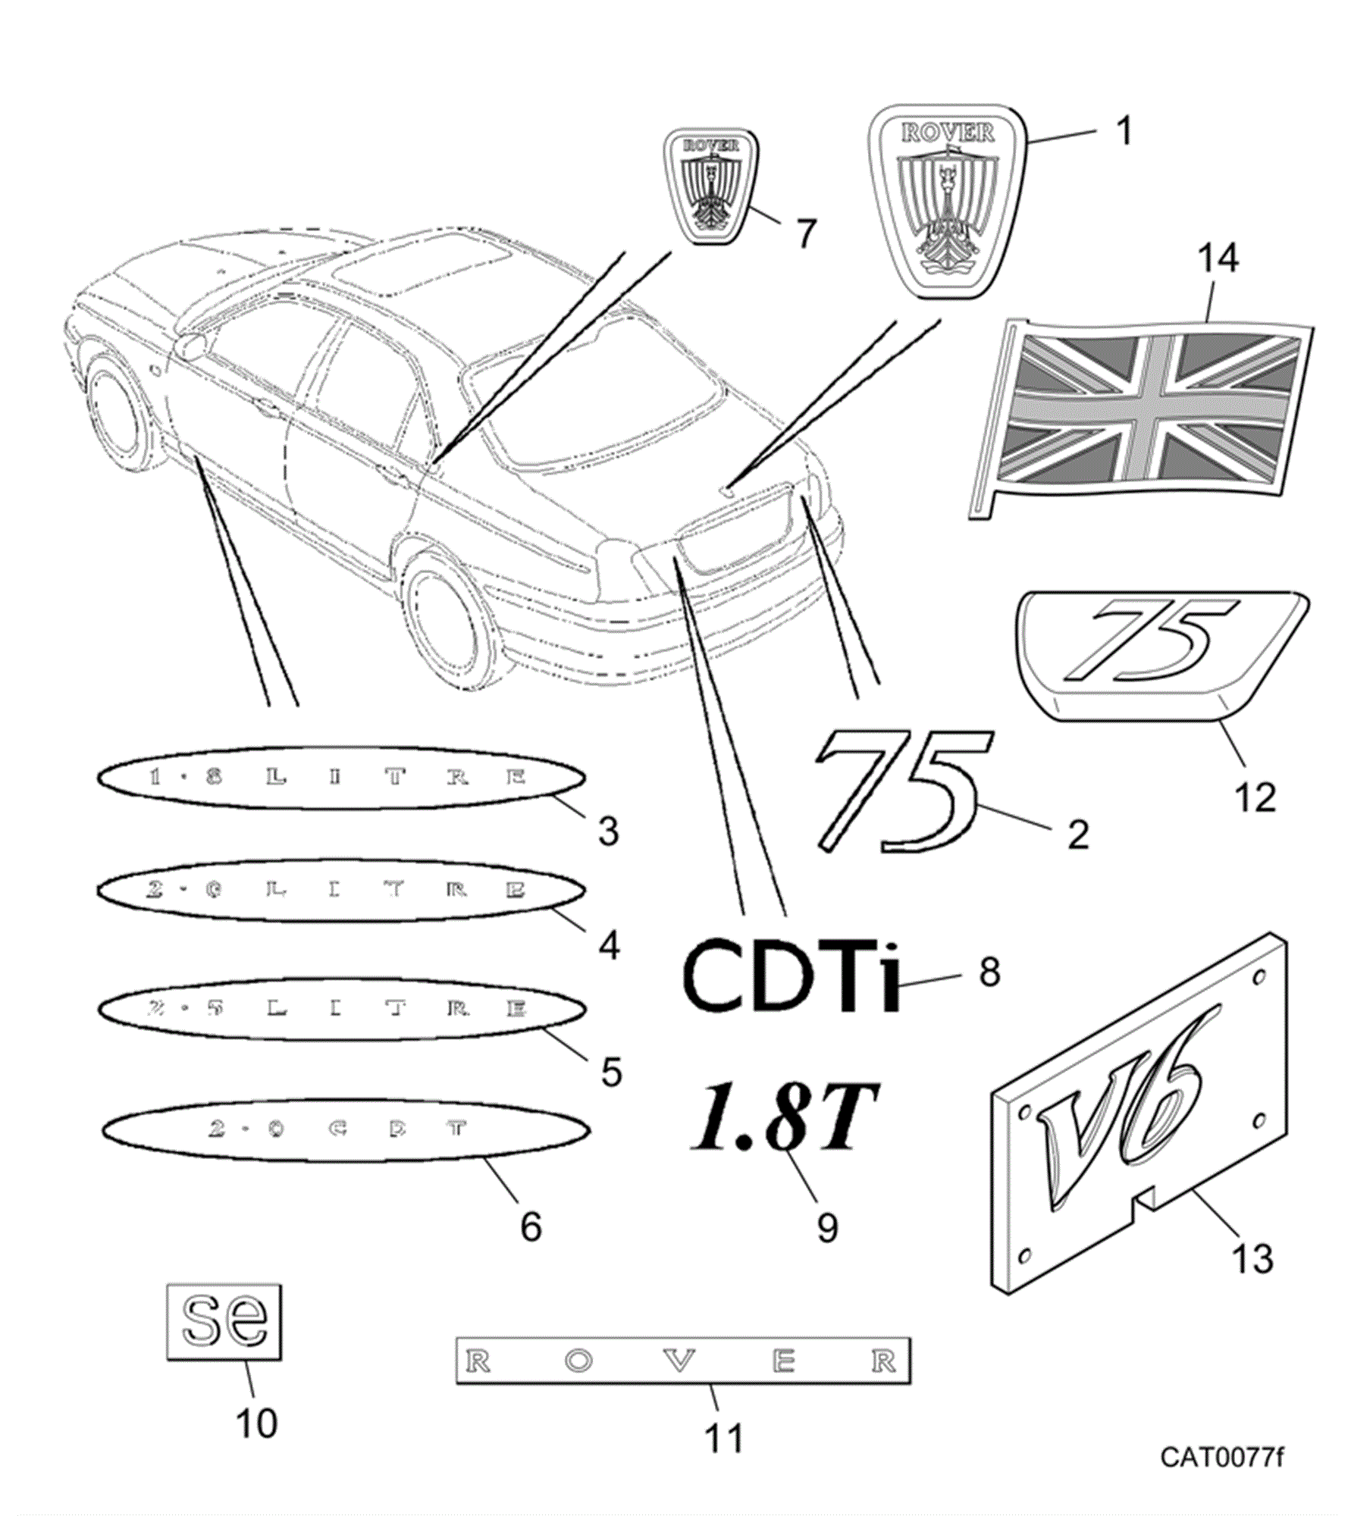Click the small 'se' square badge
coord(224,1323)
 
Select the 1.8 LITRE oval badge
coord(341,778)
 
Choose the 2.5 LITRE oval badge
coord(341,1008)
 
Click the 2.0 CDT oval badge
coord(346,1129)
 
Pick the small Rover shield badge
coord(710,186)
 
